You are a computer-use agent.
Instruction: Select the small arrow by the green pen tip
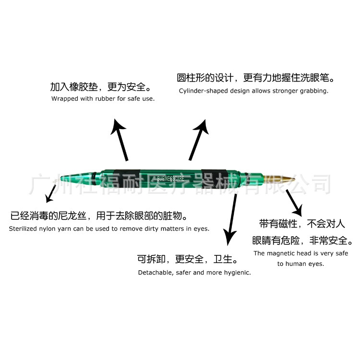coord(49,194)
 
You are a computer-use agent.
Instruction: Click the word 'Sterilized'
coord(24,229)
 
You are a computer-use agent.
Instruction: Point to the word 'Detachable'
coord(154,272)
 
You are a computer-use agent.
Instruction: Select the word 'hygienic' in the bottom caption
coord(236,272)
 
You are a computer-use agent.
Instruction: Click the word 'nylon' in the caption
coord(51,229)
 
